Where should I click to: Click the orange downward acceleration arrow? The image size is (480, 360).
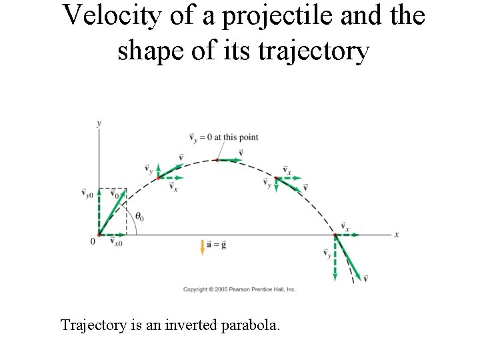(x=202, y=247)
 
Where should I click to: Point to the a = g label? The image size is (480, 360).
(x=217, y=245)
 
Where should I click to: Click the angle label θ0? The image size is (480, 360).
(x=139, y=217)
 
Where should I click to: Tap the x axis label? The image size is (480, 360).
(x=397, y=235)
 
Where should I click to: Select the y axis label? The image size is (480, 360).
(x=99, y=123)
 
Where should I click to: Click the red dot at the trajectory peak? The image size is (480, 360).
(x=217, y=160)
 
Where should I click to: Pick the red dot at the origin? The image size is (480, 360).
(x=99, y=235)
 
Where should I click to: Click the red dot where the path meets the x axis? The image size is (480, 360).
(x=335, y=235)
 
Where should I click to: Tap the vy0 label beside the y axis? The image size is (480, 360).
(x=87, y=193)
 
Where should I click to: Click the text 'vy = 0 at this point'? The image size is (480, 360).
(x=224, y=138)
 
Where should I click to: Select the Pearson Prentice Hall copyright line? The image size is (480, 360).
(x=239, y=289)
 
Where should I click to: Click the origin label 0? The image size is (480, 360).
(x=93, y=241)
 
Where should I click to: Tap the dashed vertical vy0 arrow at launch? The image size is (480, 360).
(x=99, y=212)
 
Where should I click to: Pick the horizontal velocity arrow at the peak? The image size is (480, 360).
(x=229, y=160)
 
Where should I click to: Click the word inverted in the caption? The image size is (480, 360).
(x=172, y=325)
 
